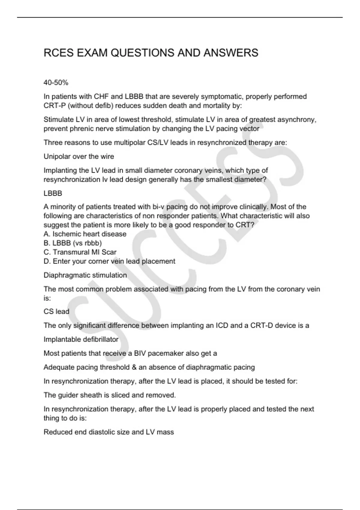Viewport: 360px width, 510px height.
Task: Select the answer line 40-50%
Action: (x=56, y=82)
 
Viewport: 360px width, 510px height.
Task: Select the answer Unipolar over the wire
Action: (x=79, y=156)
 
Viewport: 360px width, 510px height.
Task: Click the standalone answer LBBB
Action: (x=53, y=193)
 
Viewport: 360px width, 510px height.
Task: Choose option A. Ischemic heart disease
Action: (x=85, y=234)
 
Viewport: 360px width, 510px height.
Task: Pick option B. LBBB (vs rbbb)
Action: (x=73, y=243)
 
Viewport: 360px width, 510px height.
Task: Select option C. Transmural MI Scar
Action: (x=80, y=252)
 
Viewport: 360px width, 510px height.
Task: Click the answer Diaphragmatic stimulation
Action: (x=85, y=275)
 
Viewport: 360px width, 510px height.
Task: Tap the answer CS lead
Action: (x=56, y=312)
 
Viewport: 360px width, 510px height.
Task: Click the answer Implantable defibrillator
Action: (x=81, y=339)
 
